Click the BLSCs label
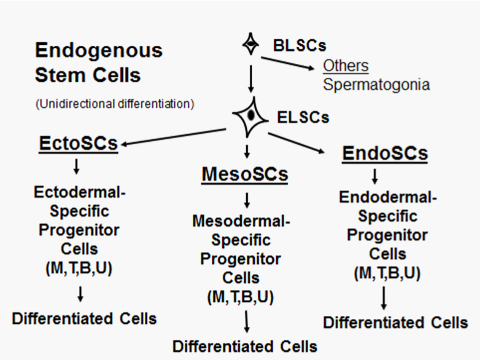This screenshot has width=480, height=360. [299, 45]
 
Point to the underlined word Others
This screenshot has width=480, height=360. [346, 65]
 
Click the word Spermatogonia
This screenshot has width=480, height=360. [376, 84]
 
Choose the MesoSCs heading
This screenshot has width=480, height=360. [244, 174]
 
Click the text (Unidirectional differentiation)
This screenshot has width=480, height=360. [114, 104]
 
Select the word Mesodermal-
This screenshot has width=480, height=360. [241, 220]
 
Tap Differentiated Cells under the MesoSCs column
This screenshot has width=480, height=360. [245, 346]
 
